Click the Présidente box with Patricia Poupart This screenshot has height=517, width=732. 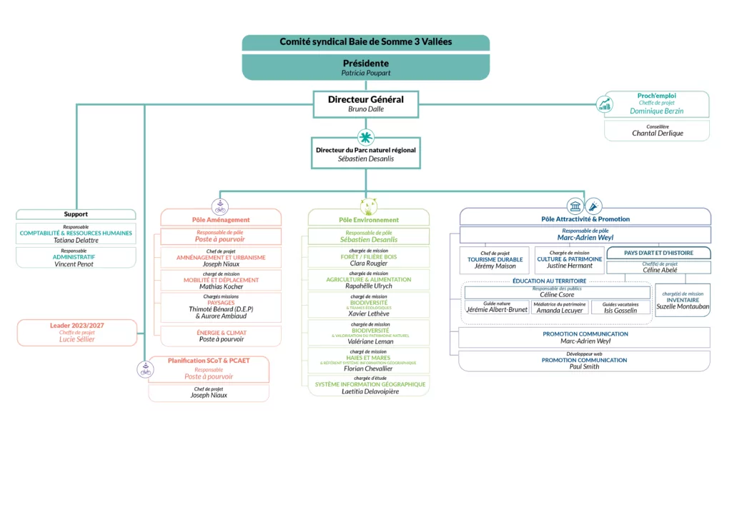(x=366, y=67)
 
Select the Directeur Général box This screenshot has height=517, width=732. (x=366, y=104)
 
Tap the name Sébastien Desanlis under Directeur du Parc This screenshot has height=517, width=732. (x=366, y=159)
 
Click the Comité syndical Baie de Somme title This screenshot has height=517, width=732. (x=366, y=42)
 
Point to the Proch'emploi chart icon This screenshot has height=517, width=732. (x=605, y=104)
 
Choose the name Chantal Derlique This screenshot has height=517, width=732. (x=657, y=134)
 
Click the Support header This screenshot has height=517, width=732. (x=76, y=214)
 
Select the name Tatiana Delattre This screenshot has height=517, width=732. (x=76, y=240)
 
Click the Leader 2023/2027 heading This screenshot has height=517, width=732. (x=77, y=325)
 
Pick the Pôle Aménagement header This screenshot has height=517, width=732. (x=221, y=219)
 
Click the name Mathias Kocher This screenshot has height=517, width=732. (x=221, y=286)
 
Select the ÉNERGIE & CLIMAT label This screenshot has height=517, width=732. (x=222, y=333)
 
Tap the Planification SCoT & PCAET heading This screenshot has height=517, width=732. (x=209, y=361)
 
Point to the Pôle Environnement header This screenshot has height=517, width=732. (x=369, y=219)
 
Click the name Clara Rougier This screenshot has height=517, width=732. (x=369, y=263)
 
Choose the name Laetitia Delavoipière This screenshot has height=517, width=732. (x=370, y=391)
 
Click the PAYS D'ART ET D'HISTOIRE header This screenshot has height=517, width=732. (x=658, y=253)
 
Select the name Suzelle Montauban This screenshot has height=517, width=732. (x=683, y=306)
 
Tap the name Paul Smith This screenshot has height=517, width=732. (x=584, y=366)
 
